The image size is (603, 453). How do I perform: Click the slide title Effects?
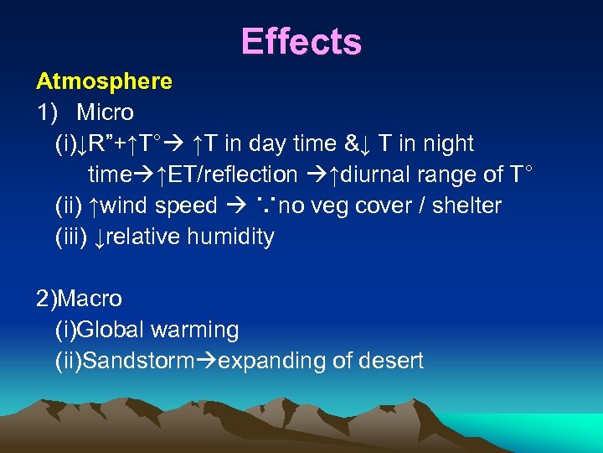click(x=301, y=41)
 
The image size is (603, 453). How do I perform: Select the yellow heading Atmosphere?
click(x=104, y=81)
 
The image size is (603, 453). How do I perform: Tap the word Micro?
click(x=105, y=112)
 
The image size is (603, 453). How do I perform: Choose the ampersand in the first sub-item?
click(x=351, y=143)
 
